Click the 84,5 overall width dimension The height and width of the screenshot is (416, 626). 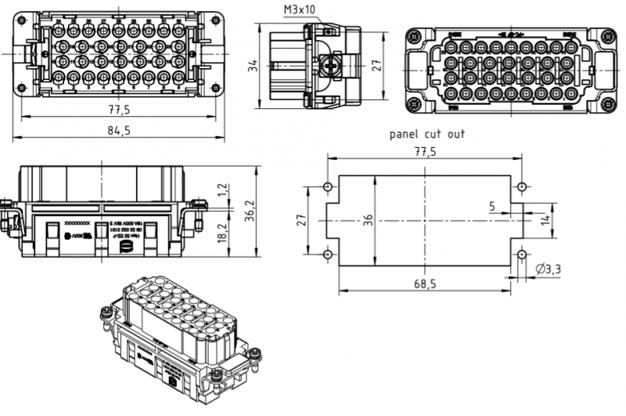click(x=118, y=131)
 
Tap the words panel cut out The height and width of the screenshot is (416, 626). click(x=426, y=134)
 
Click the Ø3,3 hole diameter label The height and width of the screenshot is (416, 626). click(x=550, y=270)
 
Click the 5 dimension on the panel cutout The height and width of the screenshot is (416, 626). click(x=491, y=207)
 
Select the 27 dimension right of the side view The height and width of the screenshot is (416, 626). click(x=376, y=67)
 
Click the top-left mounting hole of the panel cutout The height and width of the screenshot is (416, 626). click(x=328, y=187)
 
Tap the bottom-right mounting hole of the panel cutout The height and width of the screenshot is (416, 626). click(x=522, y=255)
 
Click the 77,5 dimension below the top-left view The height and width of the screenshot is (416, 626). click(x=119, y=109)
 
